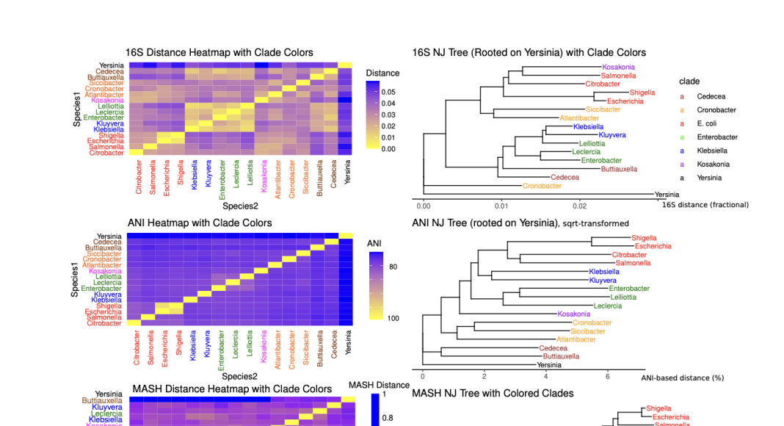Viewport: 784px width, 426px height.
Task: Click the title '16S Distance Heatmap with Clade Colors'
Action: click(x=219, y=53)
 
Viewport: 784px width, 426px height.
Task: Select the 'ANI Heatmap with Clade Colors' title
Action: click(x=200, y=223)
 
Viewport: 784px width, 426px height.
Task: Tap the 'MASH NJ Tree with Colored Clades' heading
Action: click(x=493, y=394)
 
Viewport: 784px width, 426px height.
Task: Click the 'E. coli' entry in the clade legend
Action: click(x=707, y=123)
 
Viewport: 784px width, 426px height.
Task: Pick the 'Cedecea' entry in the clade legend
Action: click(x=710, y=96)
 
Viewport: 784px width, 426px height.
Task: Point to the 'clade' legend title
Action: click(x=689, y=82)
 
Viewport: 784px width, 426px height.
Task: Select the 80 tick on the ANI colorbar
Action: click(x=393, y=267)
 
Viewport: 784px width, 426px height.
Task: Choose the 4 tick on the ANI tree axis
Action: click(x=545, y=377)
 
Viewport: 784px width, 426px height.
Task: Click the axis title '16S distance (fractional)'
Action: click(x=705, y=205)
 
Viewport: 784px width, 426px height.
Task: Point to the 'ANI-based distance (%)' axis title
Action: click(x=682, y=378)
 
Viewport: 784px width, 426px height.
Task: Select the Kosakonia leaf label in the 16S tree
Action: click(x=618, y=68)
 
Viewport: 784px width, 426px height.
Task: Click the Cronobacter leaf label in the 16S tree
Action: click(x=542, y=186)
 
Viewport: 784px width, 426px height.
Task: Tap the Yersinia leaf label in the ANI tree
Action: click(x=549, y=365)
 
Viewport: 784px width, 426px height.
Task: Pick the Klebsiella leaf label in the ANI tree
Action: click(x=604, y=272)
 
